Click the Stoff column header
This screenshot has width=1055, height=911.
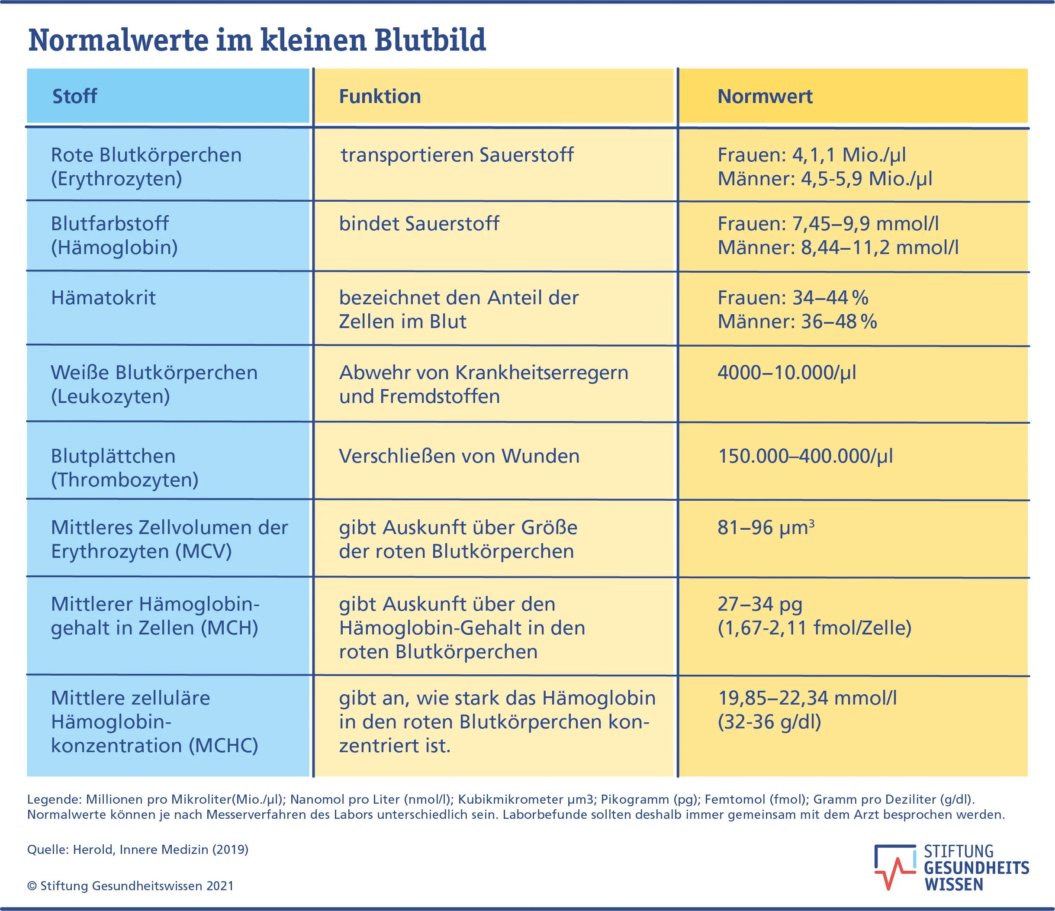tap(74, 96)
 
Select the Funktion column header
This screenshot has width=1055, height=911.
tap(380, 96)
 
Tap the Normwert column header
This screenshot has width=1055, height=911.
tap(764, 96)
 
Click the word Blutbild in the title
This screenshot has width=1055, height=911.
tap(430, 40)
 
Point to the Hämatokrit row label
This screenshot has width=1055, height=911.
tap(103, 298)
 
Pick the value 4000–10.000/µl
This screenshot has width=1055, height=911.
tap(787, 373)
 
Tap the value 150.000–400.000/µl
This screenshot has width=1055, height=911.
tap(805, 456)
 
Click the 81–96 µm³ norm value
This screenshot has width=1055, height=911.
tap(765, 528)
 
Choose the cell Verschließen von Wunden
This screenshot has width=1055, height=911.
tap(459, 456)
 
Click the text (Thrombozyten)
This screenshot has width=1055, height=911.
tap(125, 480)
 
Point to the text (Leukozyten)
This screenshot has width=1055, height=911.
tap(110, 396)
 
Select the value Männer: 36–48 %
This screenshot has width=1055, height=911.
tap(797, 321)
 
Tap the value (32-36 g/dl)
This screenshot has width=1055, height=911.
tap(769, 721)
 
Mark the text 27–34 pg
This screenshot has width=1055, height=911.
tap(760, 604)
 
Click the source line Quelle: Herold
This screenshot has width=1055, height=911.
tap(138, 850)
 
